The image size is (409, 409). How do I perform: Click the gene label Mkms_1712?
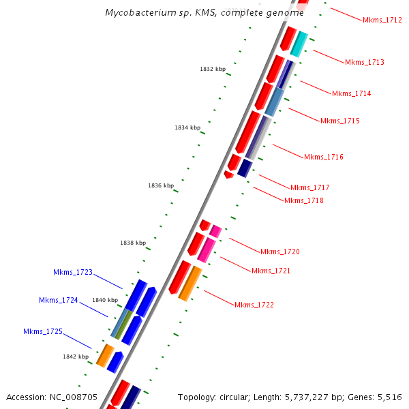pos(382,20)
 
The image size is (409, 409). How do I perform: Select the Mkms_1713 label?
pos(365,63)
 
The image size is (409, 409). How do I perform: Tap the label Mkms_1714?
pos(352,93)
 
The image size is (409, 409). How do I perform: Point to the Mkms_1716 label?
pos(324,157)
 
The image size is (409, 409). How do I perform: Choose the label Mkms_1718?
pos(304,200)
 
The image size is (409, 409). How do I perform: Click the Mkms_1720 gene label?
pos(280,252)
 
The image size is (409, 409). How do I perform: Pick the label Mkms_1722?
pos(254,305)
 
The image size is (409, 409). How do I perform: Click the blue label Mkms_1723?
pos(73,273)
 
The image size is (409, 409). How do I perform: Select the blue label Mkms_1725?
pos(43,332)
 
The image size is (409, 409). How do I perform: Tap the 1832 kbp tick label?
pos(213,69)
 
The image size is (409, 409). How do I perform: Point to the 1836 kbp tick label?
pos(161,185)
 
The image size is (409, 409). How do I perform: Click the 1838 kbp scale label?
pos(133,243)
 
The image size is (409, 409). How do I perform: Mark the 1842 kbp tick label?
pos(76,357)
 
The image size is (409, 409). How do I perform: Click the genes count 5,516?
pos(388,397)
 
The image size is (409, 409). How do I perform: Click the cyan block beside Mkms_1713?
pos(299,44)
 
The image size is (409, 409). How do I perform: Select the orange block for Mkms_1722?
pos(190,283)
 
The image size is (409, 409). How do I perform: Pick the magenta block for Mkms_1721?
pos(207,249)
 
